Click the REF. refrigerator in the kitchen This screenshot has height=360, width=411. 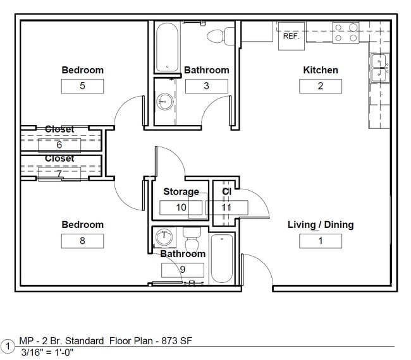click(x=291, y=36)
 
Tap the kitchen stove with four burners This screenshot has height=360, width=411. click(x=346, y=33)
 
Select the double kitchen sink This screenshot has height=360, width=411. click(x=379, y=68)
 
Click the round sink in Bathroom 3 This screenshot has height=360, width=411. click(x=165, y=102)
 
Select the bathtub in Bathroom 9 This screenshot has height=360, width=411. click(x=221, y=259)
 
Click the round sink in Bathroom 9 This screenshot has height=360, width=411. click(x=164, y=237)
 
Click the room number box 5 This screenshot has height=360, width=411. click(x=82, y=86)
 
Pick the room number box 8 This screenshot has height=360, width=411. click(x=82, y=241)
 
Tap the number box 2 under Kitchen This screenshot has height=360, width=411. click(x=321, y=86)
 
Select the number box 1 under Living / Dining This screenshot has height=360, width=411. click(x=321, y=241)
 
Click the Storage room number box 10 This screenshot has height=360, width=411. click(x=181, y=207)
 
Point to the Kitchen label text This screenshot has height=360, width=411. click(x=321, y=70)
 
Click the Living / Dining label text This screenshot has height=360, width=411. click(x=321, y=225)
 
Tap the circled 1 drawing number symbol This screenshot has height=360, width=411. click(x=8, y=346)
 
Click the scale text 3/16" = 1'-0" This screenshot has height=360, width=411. click(x=47, y=352)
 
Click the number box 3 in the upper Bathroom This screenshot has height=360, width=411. click(x=206, y=86)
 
